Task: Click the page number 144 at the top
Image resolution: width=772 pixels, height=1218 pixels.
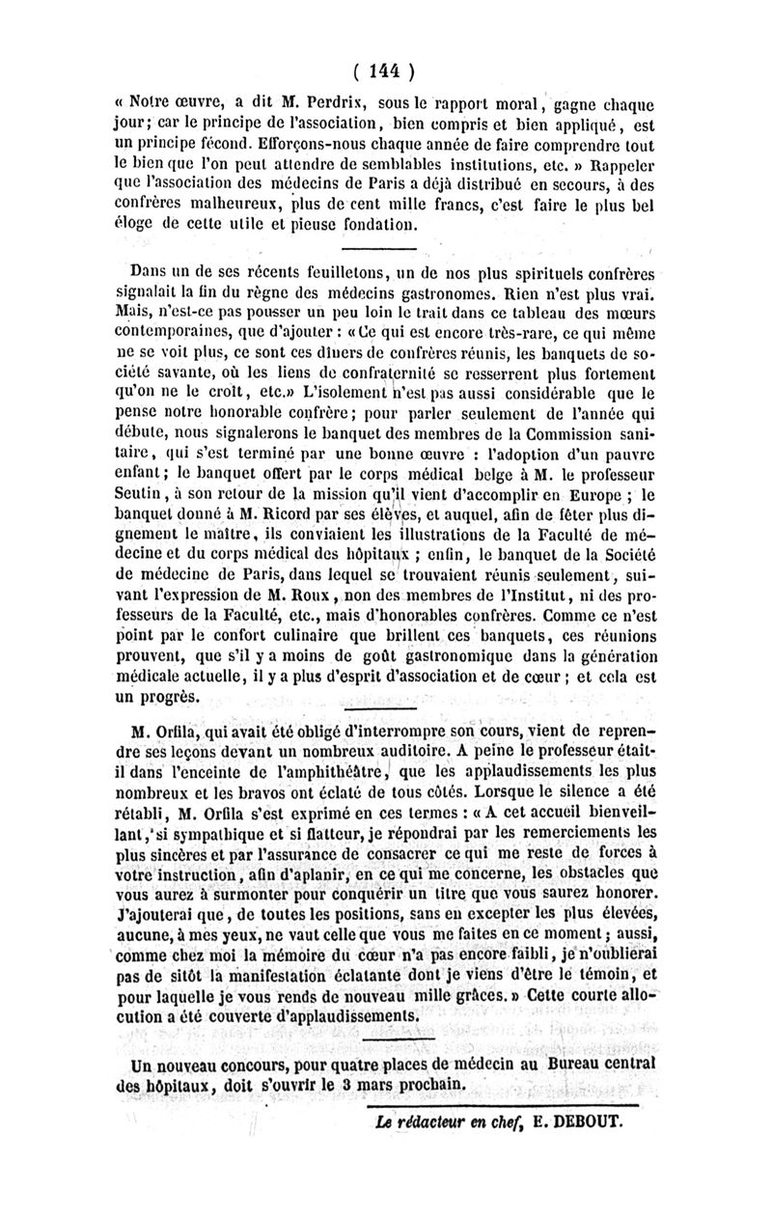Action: [x=383, y=69]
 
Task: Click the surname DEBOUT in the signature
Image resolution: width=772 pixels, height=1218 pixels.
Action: [x=578, y=1122]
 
